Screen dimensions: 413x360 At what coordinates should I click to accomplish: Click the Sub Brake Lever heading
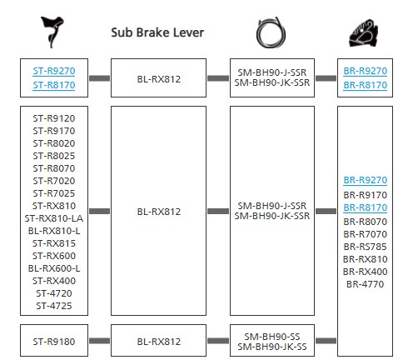pyautogui.click(x=157, y=32)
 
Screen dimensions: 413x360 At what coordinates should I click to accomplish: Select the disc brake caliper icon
pyautogui.click(x=363, y=33)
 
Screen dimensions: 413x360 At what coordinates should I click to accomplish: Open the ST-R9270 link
pyautogui.click(x=54, y=71)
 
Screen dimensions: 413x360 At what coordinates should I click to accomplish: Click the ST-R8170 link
pyautogui.click(x=54, y=85)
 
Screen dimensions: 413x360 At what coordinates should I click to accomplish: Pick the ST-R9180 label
pyautogui.click(x=54, y=342)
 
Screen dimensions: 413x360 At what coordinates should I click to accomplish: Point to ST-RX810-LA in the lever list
pyautogui.click(x=54, y=218)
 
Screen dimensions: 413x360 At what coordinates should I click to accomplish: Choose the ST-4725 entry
pyautogui.click(x=54, y=306)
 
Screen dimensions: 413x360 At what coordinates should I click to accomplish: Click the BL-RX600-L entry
pyautogui.click(x=54, y=268)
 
